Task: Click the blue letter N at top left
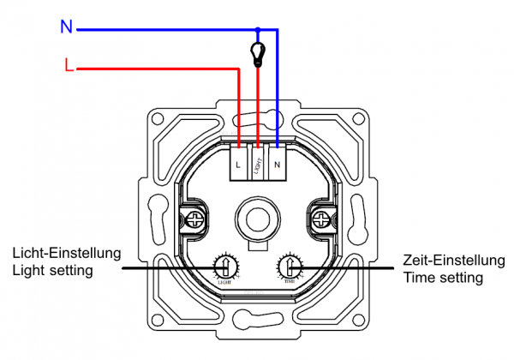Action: (x=66, y=27)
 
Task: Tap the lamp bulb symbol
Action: (x=257, y=52)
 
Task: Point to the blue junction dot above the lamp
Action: (x=257, y=29)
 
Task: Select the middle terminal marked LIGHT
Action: (x=257, y=161)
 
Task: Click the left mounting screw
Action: (x=195, y=219)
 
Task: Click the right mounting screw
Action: (x=321, y=219)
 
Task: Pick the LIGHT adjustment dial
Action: (x=224, y=266)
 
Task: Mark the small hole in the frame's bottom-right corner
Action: (x=357, y=323)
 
